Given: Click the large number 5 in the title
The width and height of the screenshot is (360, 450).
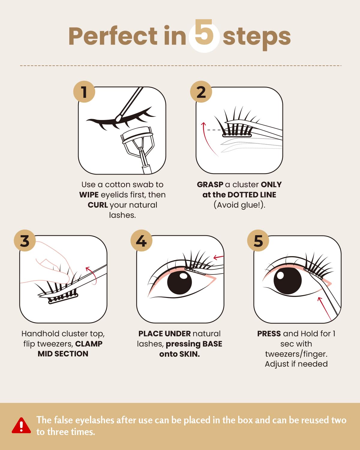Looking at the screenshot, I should (204, 34).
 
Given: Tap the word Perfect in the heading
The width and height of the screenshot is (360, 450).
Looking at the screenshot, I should (113, 36).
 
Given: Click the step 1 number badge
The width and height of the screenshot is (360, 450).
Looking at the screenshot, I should (84, 92).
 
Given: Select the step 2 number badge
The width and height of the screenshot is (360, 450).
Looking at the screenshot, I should (201, 92).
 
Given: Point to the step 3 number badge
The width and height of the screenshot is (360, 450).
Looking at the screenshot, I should (25, 241).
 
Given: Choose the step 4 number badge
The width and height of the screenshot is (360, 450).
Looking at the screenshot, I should (142, 241).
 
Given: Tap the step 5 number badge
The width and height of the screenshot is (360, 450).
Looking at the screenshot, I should (258, 241).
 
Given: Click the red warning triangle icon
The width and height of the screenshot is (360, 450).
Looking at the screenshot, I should (21, 426).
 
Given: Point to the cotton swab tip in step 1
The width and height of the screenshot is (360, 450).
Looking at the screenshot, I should (119, 118).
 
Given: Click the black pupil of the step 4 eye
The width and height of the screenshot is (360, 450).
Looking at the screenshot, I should (179, 282).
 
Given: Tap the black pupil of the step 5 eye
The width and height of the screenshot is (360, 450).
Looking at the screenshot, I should (287, 281).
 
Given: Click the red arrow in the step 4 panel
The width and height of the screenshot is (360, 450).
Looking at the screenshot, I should (218, 257).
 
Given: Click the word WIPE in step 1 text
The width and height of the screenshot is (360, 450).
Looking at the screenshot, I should (89, 195).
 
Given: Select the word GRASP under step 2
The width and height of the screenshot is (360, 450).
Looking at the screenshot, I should (210, 184).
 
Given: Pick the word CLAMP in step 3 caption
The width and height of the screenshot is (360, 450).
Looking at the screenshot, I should (89, 344).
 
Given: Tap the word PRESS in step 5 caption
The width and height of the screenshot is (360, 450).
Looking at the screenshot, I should (269, 334).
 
